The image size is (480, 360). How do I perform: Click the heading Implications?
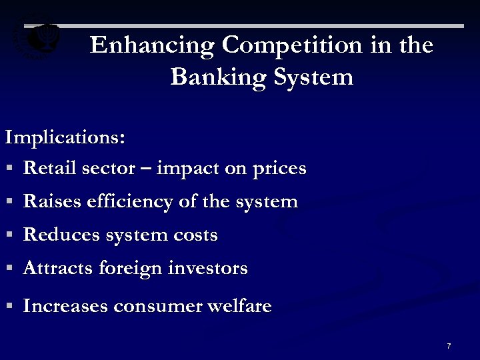pos(65,138)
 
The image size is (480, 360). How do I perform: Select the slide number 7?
pos(449,346)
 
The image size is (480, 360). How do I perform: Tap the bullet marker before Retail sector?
pos(10,169)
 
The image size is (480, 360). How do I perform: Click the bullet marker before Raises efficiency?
pos(10,201)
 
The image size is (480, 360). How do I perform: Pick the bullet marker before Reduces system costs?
pos(10,235)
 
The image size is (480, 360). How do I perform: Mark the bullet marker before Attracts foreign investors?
pos(10,269)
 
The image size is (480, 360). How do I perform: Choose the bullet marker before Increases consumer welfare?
pos(10,307)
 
